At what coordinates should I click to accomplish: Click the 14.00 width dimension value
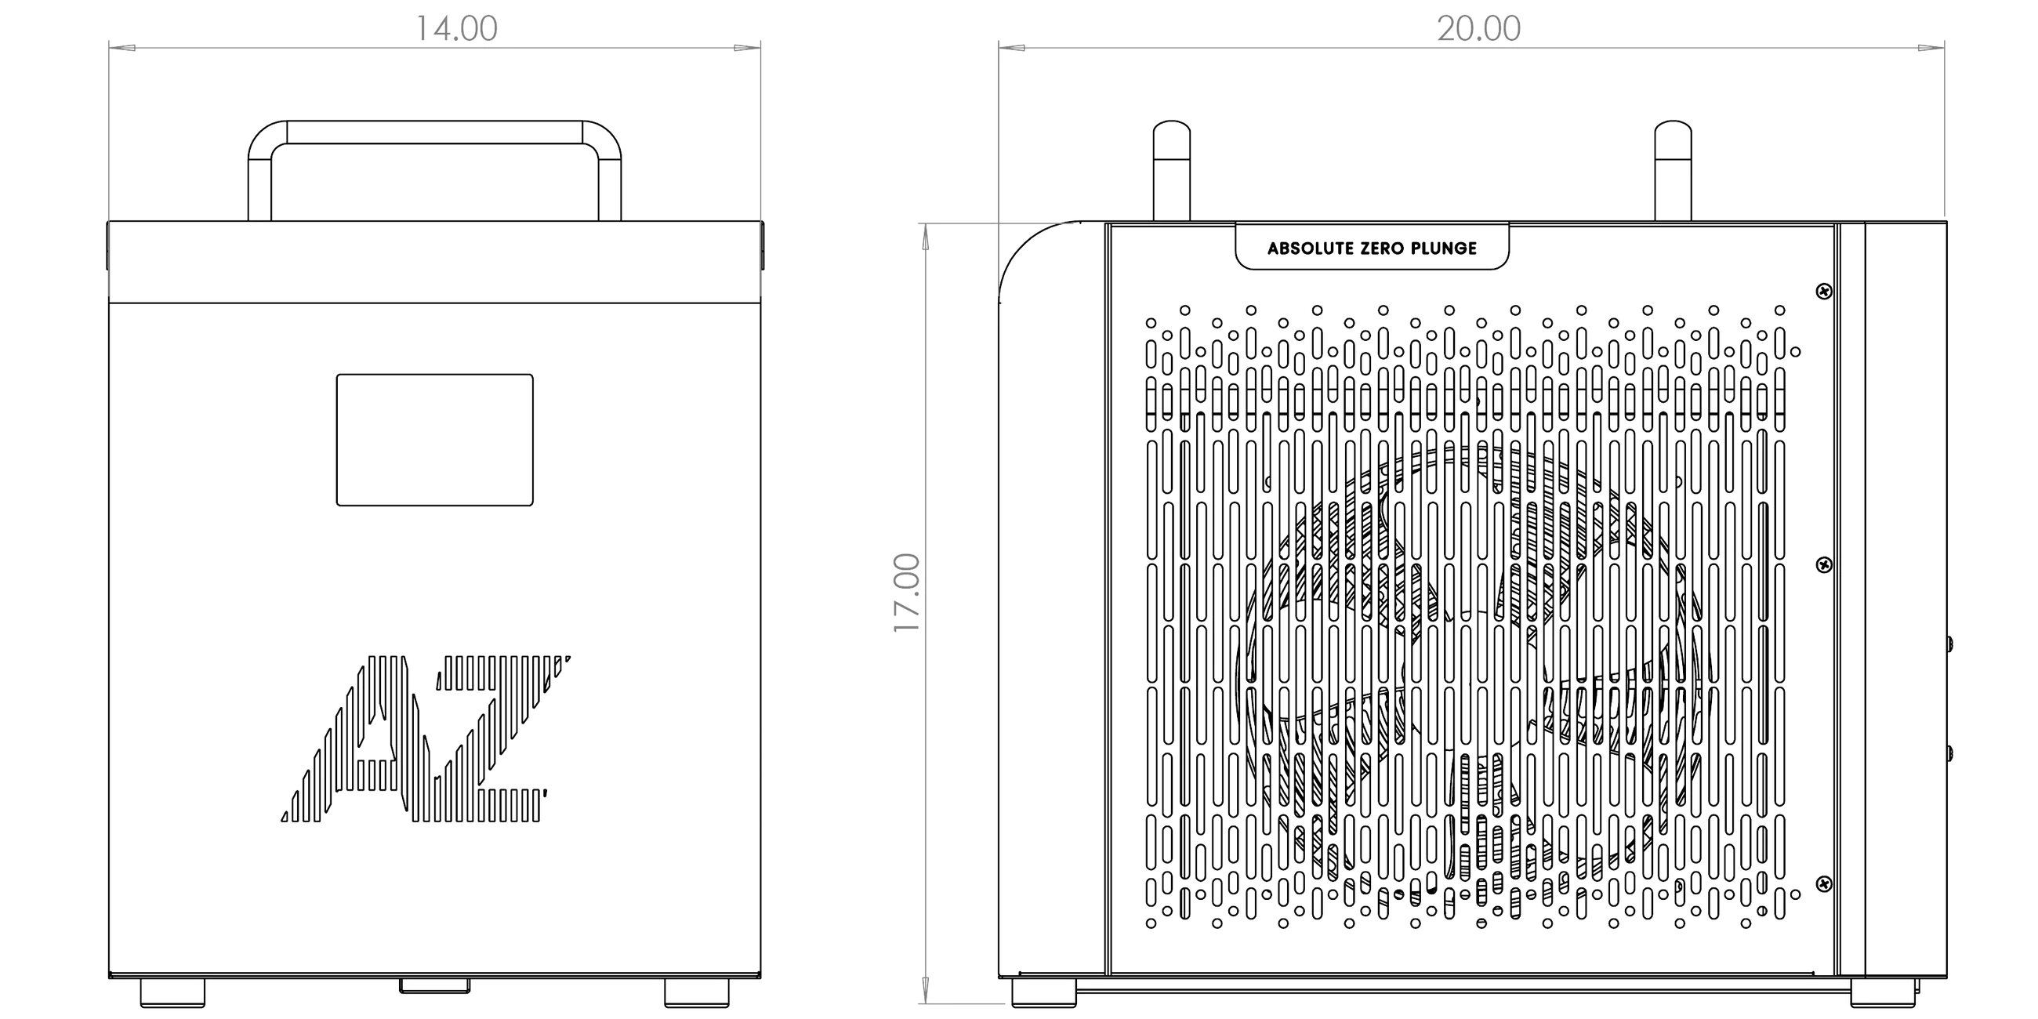[x=456, y=28]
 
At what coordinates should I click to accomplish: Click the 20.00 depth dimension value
[x=1478, y=28]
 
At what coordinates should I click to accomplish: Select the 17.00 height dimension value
[x=907, y=593]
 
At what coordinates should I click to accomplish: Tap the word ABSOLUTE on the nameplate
[x=1311, y=248]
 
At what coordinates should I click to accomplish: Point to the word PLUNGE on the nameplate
[x=1447, y=248]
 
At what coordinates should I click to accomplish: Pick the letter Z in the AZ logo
[x=491, y=738]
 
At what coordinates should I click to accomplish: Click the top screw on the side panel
[x=1823, y=292]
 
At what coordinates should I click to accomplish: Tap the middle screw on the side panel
[x=1823, y=564]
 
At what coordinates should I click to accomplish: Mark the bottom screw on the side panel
[x=1823, y=883]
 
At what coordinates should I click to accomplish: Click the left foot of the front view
[x=172, y=993]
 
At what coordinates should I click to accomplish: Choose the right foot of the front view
[x=697, y=993]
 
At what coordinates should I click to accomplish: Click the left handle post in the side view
[x=1172, y=171]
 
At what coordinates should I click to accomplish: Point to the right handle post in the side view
[x=1674, y=171]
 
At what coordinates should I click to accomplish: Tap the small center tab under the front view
[x=434, y=986]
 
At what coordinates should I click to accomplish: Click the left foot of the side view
[x=1044, y=993]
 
